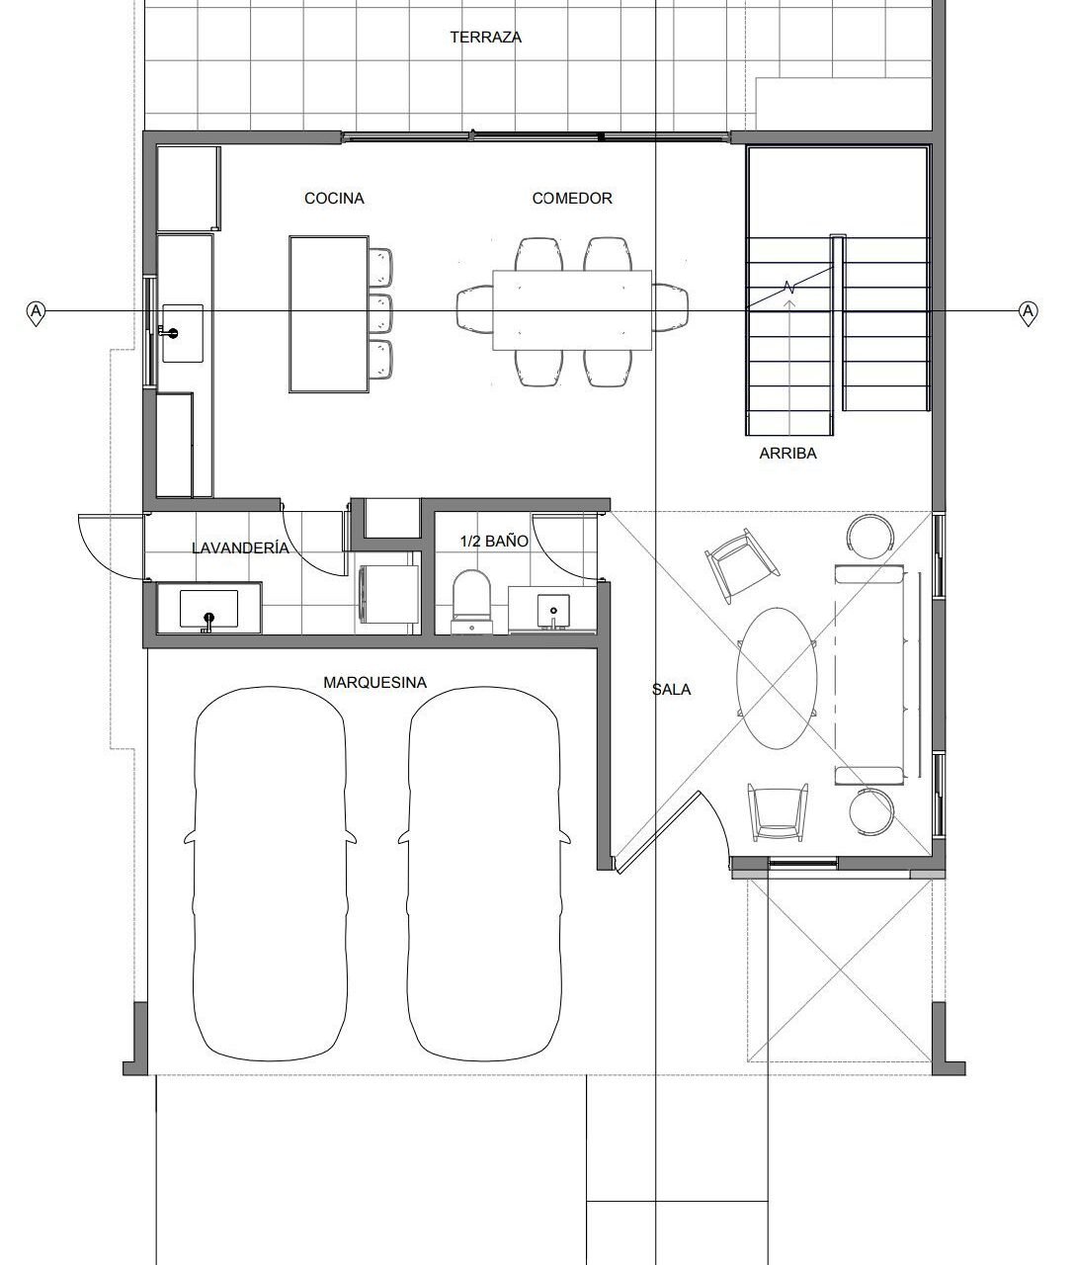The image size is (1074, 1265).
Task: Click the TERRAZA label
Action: click(x=486, y=38)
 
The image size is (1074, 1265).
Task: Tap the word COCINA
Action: click(x=334, y=199)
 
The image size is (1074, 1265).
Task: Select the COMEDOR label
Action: click(x=572, y=199)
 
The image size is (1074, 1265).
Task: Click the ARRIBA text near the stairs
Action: click(x=787, y=454)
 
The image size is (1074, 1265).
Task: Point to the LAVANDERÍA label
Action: click(x=240, y=548)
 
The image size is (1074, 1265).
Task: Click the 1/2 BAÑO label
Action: click(x=494, y=541)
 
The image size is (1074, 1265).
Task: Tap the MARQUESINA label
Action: click(x=375, y=682)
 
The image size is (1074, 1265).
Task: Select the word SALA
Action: click(x=671, y=689)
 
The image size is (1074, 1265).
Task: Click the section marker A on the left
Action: click(x=37, y=312)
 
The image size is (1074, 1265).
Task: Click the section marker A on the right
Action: click(x=1029, y=312)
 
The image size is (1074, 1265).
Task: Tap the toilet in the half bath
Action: click(x=471, y=602)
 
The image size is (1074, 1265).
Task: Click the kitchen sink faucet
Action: click(x=168, y=333)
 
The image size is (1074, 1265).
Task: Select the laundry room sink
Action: click(x=208, y=609)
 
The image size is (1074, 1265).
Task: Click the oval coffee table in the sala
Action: click(x=778, y=678)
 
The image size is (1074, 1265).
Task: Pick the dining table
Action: click(x=572, y=310)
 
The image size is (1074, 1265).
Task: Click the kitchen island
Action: click(x=329, y=314)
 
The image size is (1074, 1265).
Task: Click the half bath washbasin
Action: click(x=553, y=611)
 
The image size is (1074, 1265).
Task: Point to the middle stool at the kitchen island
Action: click(x=380, y=313)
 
